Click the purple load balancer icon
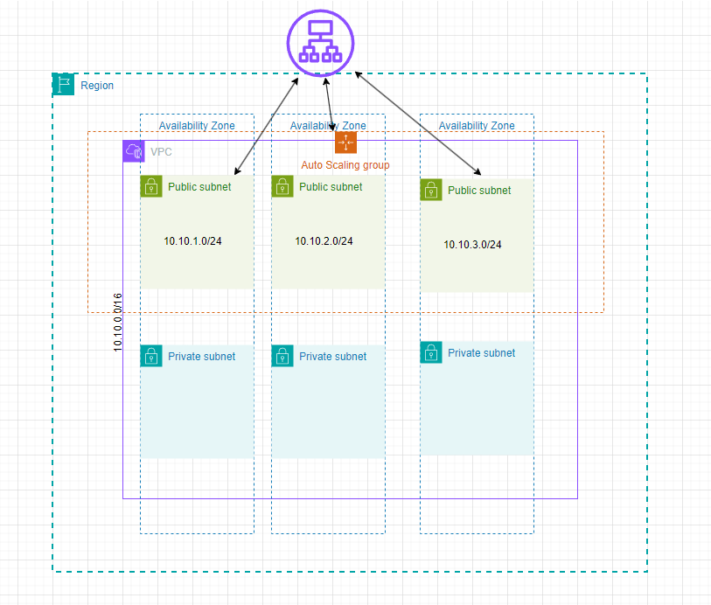pos(321,42)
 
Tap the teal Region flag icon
pos(64,85)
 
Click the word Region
pos(97,86)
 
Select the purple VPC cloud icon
pos(134,151)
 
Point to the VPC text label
pos(161,152)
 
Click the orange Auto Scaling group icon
pos(345,143)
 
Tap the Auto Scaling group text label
pos(345,165)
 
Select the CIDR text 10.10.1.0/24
pos(192,241)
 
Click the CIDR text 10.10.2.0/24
pos(324,241)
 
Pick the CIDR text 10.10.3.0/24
pos(472,245)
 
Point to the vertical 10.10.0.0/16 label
pos(118,323)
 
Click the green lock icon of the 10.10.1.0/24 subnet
pos(151,186)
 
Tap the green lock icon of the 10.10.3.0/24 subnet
pos(431,191)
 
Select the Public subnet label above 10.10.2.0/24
pos(331,187)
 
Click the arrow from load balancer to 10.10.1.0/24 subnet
pos(267,125)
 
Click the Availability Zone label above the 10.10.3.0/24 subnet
pos(477,126)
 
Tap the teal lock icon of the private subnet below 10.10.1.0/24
pos(151,356)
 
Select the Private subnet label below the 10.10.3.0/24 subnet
pos(482,353)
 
